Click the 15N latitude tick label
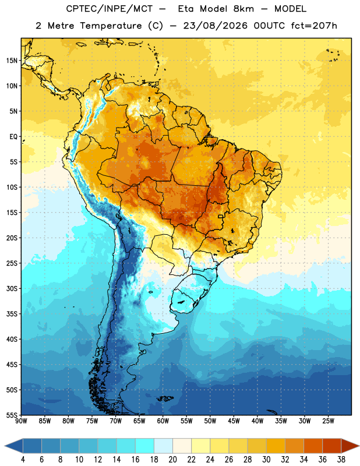pyautogui.click(x=12, y=61)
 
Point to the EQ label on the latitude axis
pyautogui.click(x=13, y=137)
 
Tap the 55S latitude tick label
pyautogui.click(x=12, y=415)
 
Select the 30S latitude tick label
pyautogui.click(x=12, y=288)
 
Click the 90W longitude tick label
pyautogui.click(x=21, y=421)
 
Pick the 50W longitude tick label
pyautogui.click(x=210, y=421)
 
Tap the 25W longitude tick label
pyautogui.click(x=328, y=421)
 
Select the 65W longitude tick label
pyautogui.click(x=139, y=421)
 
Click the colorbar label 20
pyautogui.click(x=172, y=460)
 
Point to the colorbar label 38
pyautogui.click(x=341, y=460)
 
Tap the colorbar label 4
pyautogui.click(x=23, y=460)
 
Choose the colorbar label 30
pyautogui.click(x=266, y=460)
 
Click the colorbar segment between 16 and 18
pyautogui.click(x=145, y=446)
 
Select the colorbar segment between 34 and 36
pyautogui.click(x=313, y=446)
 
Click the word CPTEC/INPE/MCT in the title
pyautogui.click(x=110, y=9)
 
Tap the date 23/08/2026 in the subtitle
pyautogui.click(x=215, y=26)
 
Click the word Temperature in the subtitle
pyautogui.click(x=111, y=26)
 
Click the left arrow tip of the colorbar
pyautogui.click(x=5, y=446)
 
